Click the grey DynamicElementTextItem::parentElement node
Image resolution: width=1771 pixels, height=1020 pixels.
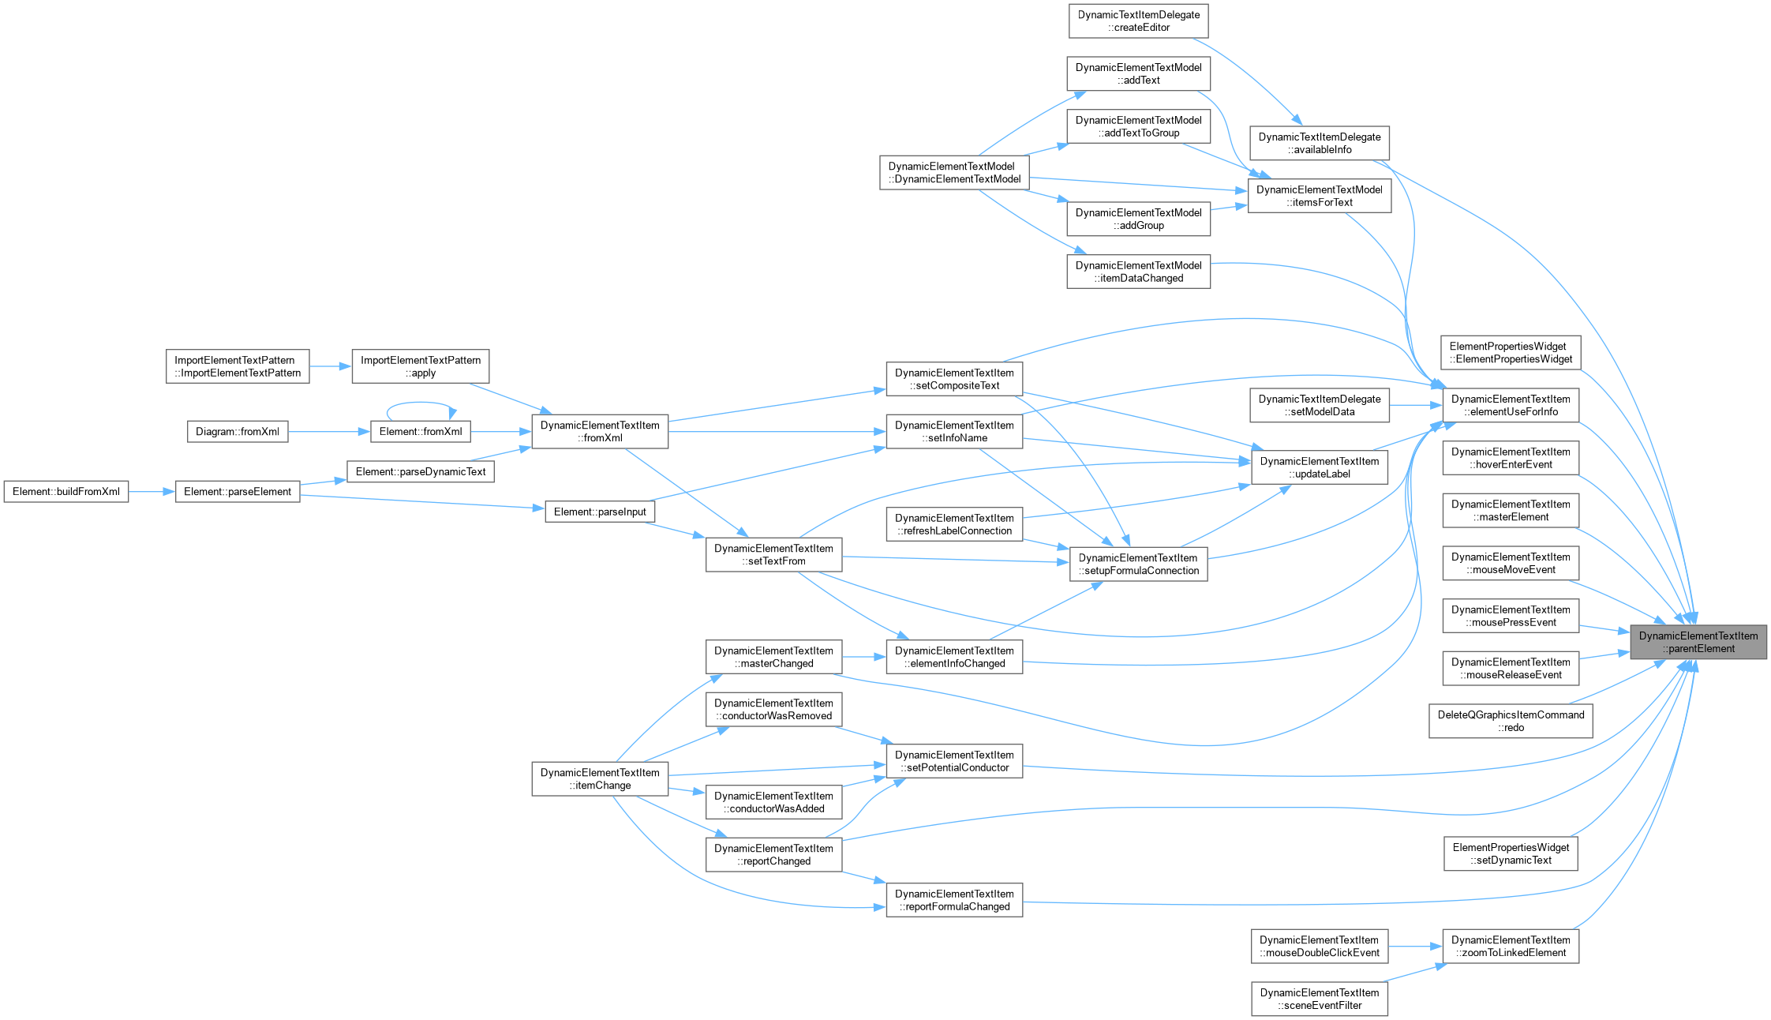click(x=1698, y=642)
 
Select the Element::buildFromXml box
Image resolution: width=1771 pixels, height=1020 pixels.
click(x=66, y=491)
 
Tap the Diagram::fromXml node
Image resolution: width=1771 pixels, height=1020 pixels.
click(x=238, y=432)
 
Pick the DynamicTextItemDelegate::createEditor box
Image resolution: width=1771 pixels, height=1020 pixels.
click(x=1139, y=21)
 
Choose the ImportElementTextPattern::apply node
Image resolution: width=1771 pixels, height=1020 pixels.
click(x=421, y=366)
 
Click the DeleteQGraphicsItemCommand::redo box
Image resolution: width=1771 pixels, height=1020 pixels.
click(x=1511, y=722)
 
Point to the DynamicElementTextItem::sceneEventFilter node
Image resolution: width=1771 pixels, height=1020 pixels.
click(x=1320, y=999)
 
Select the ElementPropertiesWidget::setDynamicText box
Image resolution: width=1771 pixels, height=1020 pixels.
click(x=1511, y=853)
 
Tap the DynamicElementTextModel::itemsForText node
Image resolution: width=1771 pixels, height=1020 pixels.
click(x=1320, y=196)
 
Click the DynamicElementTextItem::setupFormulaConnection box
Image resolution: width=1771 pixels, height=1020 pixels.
click(x=1139, y=564)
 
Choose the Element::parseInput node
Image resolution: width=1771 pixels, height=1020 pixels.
click(x=600, y=512)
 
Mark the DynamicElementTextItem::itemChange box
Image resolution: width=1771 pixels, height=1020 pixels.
click(x=601, y=778)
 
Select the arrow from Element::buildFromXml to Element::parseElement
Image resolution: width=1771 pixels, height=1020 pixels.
click(x=152, y=491)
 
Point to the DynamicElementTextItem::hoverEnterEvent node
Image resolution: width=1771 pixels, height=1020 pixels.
click(x=1511, y=458)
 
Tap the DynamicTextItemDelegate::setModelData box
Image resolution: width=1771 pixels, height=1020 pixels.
click(x=1320, y=405)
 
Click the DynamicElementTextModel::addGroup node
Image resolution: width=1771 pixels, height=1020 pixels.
click(x=1139, y=219)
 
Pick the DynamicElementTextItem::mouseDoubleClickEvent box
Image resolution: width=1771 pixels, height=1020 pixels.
click(x=1320, y=946)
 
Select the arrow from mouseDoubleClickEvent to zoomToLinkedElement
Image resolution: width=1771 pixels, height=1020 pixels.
click(x=1416, y=946)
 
